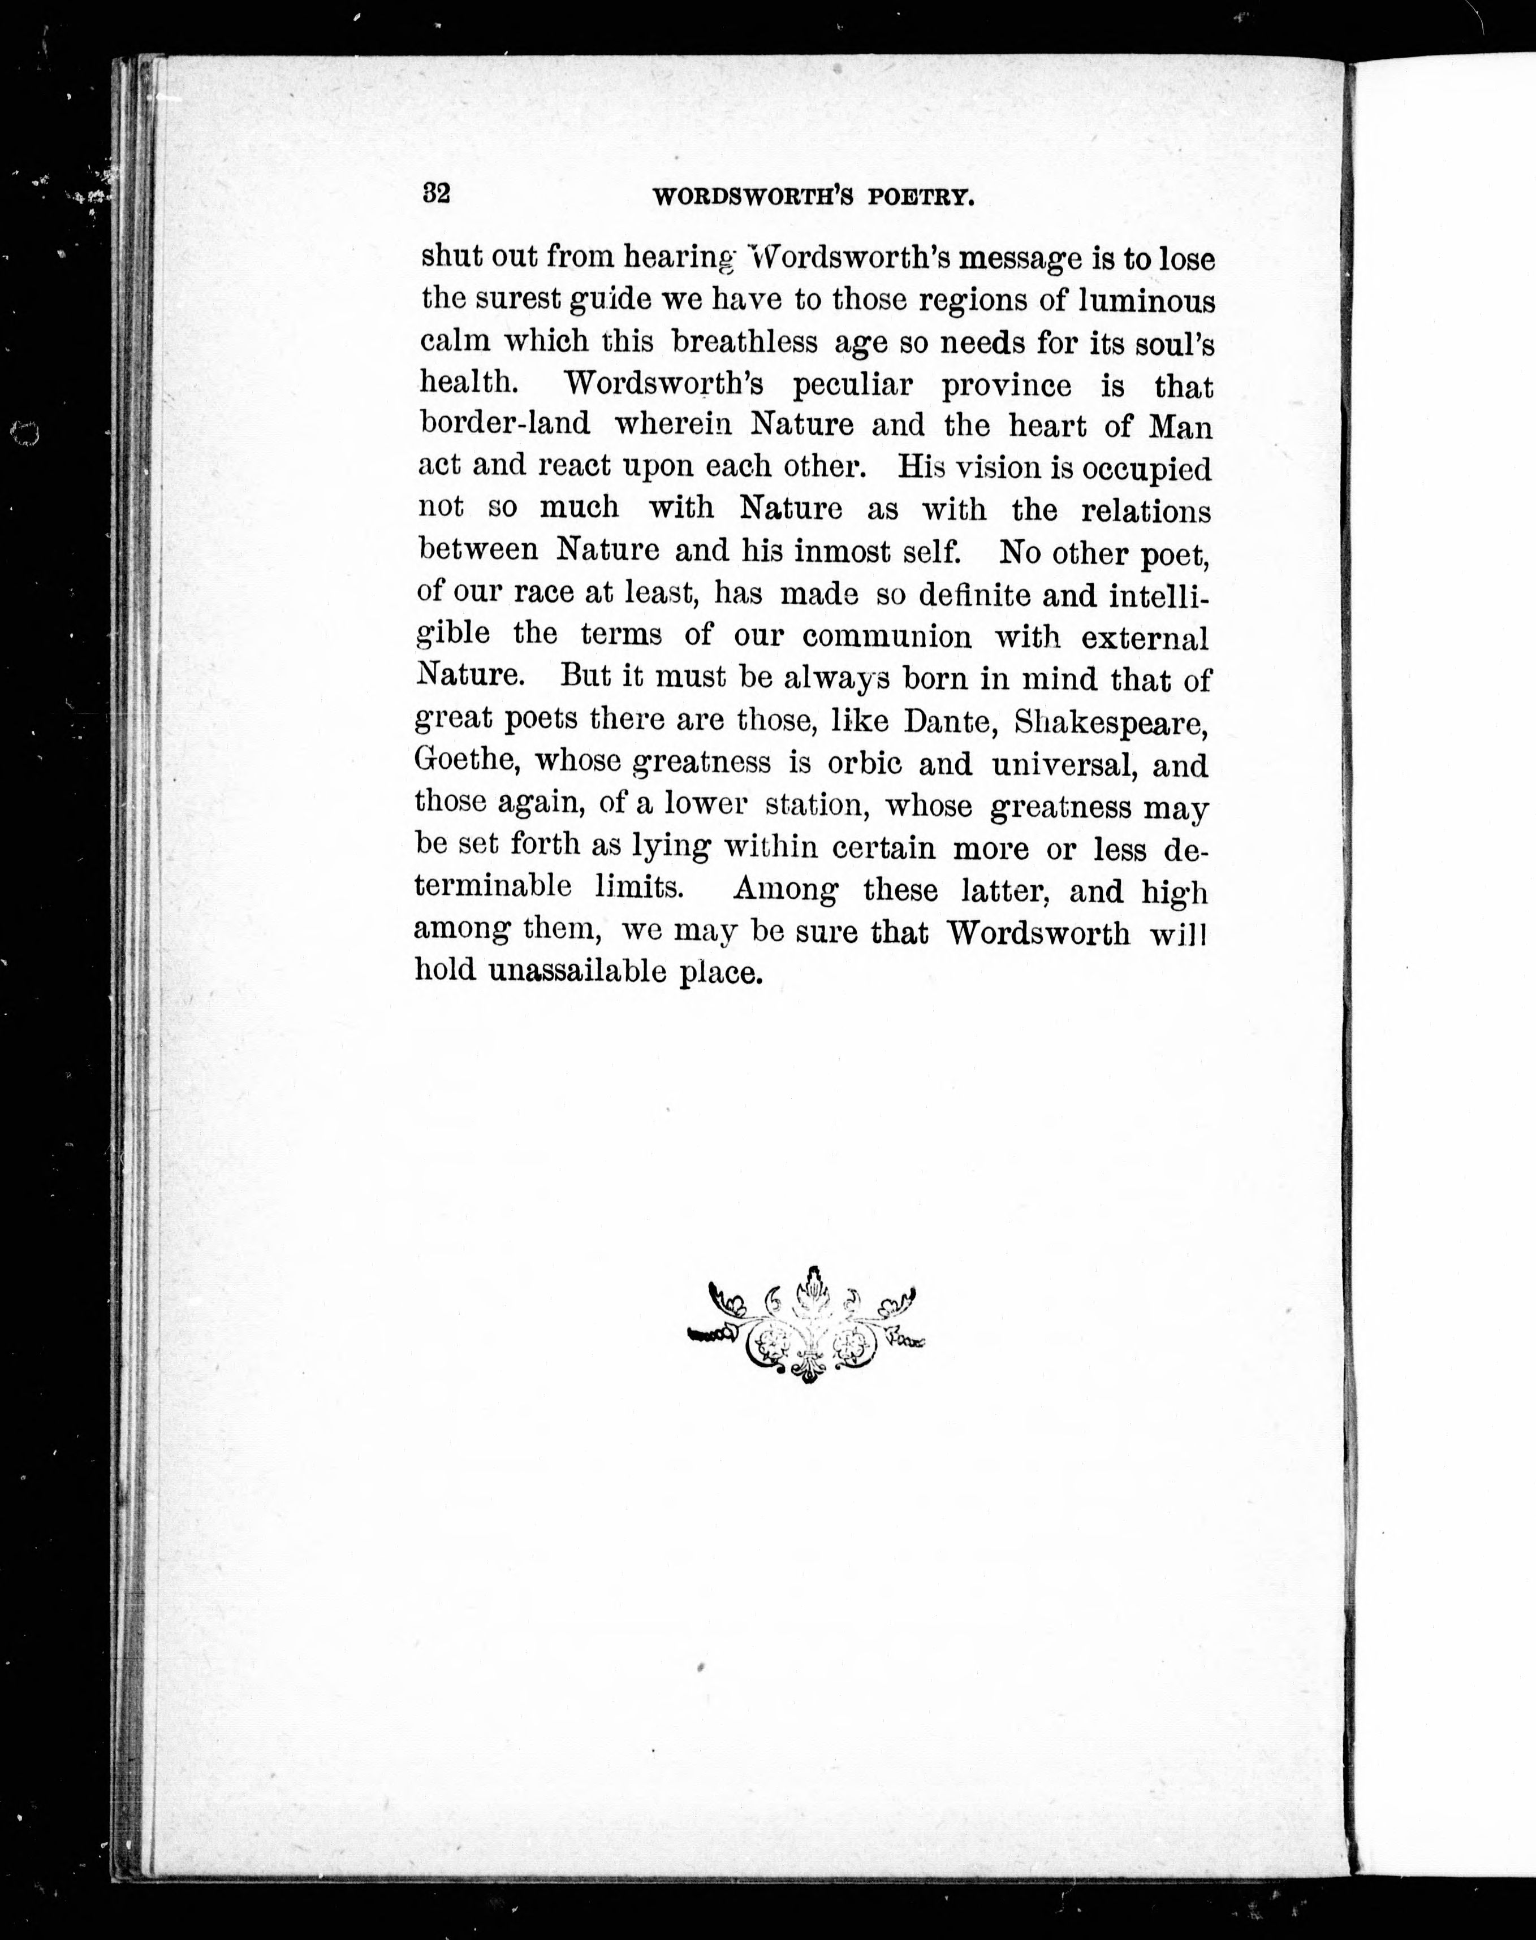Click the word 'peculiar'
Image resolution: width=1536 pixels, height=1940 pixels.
pyautogui.click(x=852, y=385)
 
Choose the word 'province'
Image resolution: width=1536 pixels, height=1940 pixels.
pyautogui.click(x=1006, y=386)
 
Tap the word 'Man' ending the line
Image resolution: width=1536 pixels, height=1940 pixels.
pyautogui.click(x=1181, y=426)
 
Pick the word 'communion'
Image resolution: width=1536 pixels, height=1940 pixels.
pyautogui.click(x=887, y=636)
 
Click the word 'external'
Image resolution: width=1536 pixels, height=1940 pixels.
pyautogui.click(x=1145, y=638)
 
